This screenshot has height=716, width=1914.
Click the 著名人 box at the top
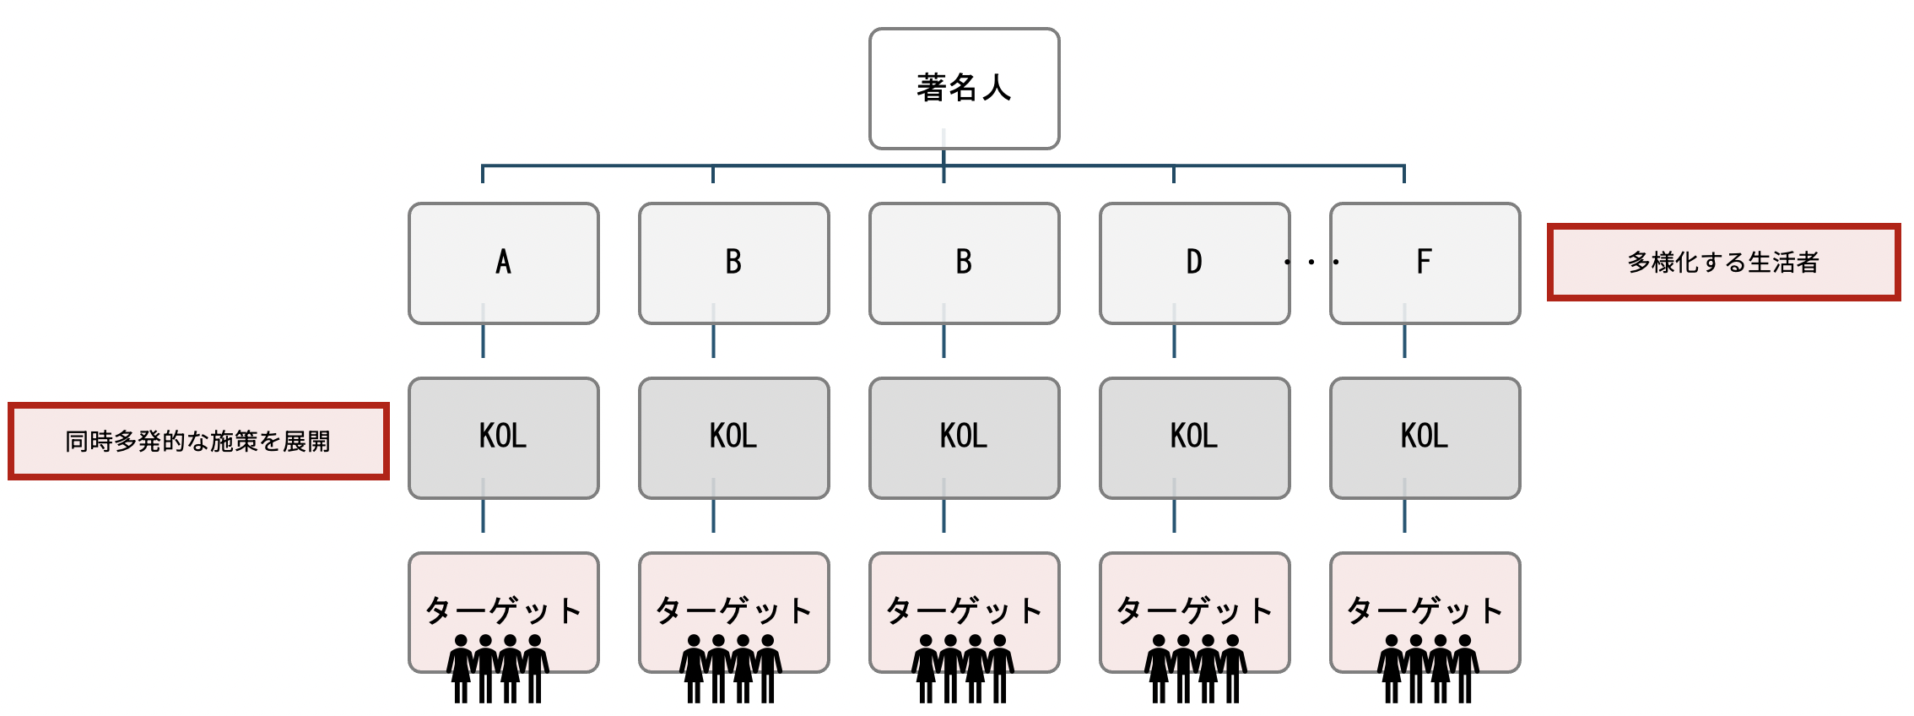tap(964, 89)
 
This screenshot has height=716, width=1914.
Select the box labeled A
tap(504, 263)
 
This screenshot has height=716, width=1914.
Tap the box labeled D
tap(1194, 263)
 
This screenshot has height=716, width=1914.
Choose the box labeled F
tap(1425, 263)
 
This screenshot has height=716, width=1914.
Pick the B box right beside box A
tap(734, 263)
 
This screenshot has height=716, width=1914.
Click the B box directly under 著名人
tap(964, 263)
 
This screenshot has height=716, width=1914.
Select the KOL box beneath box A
tap(504, 438)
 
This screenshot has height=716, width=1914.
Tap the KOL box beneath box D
tap(1194, 438)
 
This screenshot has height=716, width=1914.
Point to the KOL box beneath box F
tap(1425, 438)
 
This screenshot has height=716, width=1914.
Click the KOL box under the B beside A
tap(734, 438)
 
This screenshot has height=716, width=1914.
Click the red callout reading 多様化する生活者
tap(1723, 263)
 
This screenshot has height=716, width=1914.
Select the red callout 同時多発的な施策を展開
tap(198, 442)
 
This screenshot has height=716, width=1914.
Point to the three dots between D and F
tap(1311, 262)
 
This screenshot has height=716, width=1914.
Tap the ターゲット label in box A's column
tap(504, 610)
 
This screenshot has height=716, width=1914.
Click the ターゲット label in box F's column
tap(1425, 610)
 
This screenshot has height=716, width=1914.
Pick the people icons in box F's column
tap(1428, 669)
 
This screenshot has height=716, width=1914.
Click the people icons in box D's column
tap(1196, 669)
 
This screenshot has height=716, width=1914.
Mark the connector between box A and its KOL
tap(483, 330)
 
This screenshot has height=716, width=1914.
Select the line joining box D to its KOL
tap(1174, 330)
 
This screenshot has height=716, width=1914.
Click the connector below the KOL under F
tap(1404, 505)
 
